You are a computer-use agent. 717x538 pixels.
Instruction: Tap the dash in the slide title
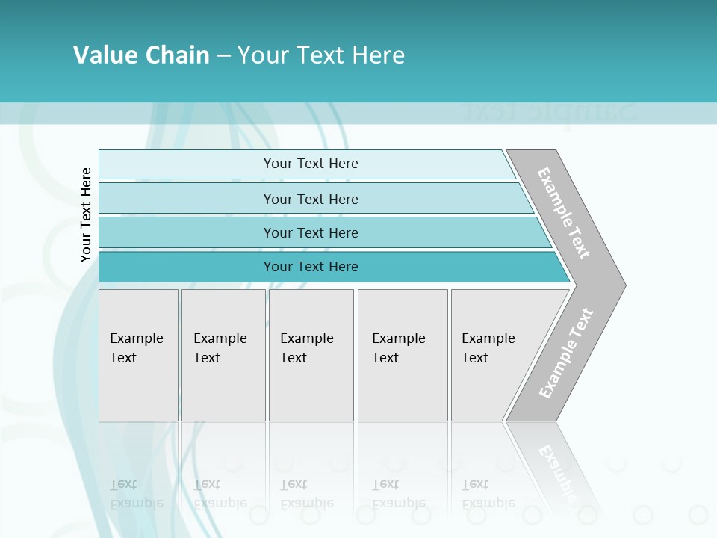pos(223,56)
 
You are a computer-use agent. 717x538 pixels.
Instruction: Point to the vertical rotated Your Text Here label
pos(86,214)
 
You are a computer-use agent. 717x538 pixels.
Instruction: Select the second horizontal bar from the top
pos(311,199)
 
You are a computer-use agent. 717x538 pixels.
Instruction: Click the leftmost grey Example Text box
pos(138,355)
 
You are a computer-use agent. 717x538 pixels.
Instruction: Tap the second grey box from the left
pos(223,355)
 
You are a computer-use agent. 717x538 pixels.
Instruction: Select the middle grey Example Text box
pos(311,355)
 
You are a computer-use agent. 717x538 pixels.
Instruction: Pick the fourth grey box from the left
pos(403,355)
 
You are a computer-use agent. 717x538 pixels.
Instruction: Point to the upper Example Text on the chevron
pos(564,213)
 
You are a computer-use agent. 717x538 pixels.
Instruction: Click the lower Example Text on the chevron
pos(566,353)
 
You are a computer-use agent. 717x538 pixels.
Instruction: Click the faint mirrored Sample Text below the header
pos(549,112)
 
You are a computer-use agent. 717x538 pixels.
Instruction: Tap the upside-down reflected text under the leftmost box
pos(136,494)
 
